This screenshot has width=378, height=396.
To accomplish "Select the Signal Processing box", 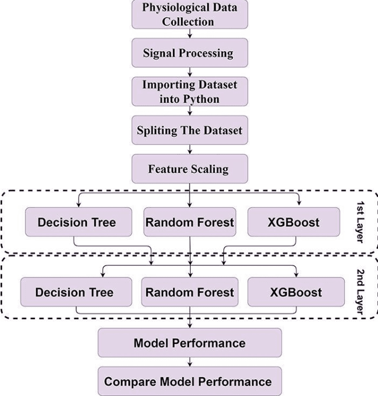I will coord(189,53).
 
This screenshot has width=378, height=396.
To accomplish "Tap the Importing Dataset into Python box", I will coord(189,91).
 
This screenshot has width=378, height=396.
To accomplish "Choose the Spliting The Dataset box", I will coord(189,130).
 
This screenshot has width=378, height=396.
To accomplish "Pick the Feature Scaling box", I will coord(189,169).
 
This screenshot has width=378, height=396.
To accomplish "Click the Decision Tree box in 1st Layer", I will coord(77,223).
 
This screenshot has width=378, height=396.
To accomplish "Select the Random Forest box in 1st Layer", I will coord(189,223).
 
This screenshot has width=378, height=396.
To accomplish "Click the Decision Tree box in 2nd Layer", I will coord(74,292).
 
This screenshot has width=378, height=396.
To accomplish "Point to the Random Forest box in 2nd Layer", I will coord(189,292).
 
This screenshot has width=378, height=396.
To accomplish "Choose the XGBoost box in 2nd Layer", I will coord(296,292).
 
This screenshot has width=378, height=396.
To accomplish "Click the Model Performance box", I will coord(189,343).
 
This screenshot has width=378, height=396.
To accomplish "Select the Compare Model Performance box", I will coord(189,381).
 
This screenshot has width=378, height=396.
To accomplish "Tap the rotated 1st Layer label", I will coord(361,223).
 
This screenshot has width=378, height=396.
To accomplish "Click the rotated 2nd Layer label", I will coord(361,292).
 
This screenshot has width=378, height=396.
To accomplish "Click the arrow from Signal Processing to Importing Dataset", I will coord(189,72).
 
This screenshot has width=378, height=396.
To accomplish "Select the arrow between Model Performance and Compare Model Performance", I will coord(189,362).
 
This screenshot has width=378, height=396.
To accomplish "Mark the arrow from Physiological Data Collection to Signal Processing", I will coord(189,35).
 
